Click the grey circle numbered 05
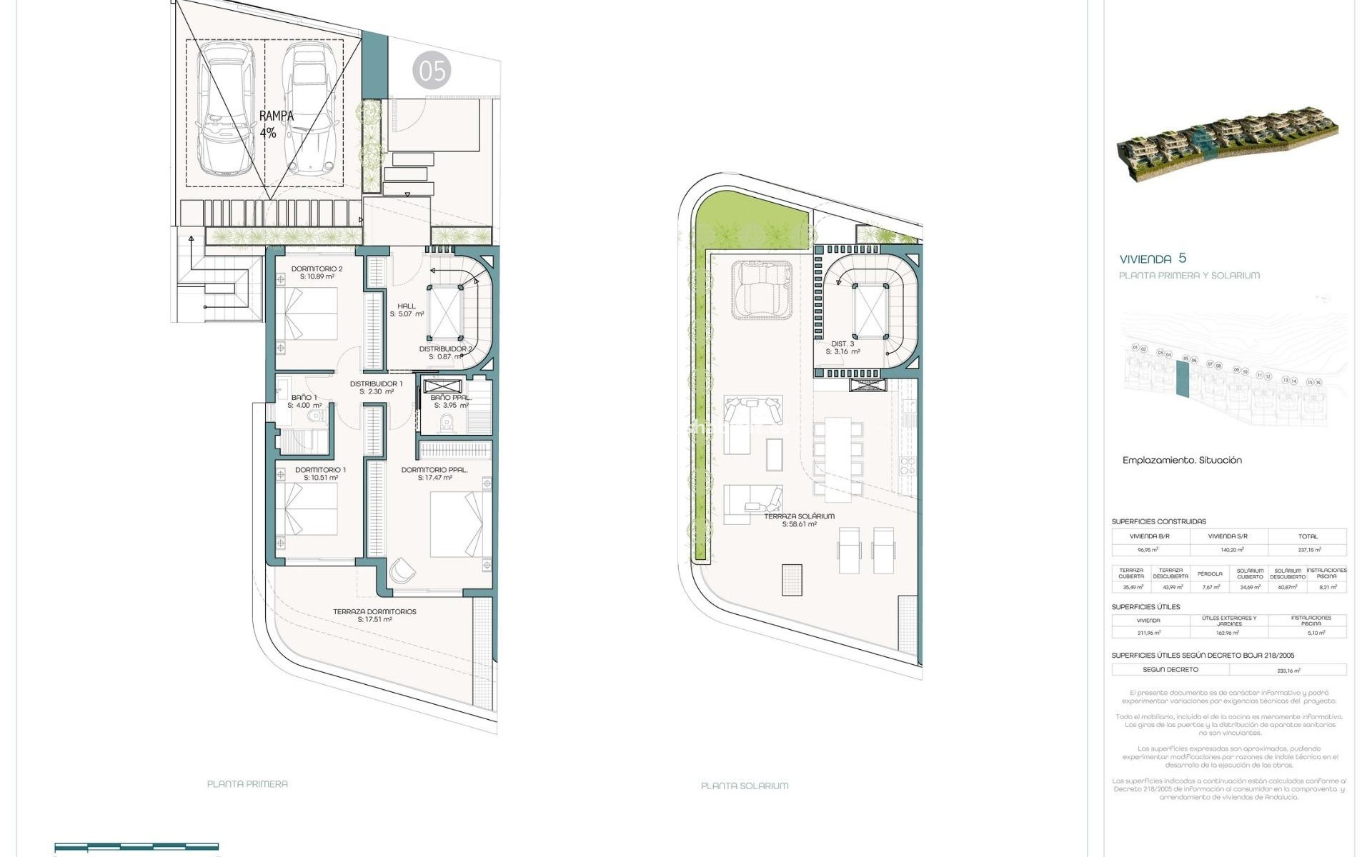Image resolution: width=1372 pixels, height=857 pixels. point(432,70)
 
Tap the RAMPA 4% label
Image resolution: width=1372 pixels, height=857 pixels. point(276,124)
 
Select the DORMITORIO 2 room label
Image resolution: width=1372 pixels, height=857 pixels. point(317,272)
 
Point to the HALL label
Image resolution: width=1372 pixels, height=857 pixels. point(407,309)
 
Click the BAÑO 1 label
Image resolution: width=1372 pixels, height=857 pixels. point(304,401)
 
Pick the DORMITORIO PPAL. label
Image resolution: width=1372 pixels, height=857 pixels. point(434,473)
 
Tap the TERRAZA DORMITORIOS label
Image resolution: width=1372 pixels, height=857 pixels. point(374,615)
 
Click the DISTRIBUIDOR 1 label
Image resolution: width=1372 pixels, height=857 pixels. point(376,387)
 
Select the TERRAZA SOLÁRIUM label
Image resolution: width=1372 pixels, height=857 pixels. point(799,520)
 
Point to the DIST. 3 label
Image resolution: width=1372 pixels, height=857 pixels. point(842,348)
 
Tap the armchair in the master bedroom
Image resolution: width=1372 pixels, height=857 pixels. point(402,570)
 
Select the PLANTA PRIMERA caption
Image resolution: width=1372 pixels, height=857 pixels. point(247,783)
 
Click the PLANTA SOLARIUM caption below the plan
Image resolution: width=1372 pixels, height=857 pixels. point(745,786)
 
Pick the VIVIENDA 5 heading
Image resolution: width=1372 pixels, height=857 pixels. point(1153,259)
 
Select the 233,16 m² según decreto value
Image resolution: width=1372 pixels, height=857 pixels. point(1288,671)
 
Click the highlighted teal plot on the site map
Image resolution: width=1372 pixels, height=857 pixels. point(1183,379)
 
